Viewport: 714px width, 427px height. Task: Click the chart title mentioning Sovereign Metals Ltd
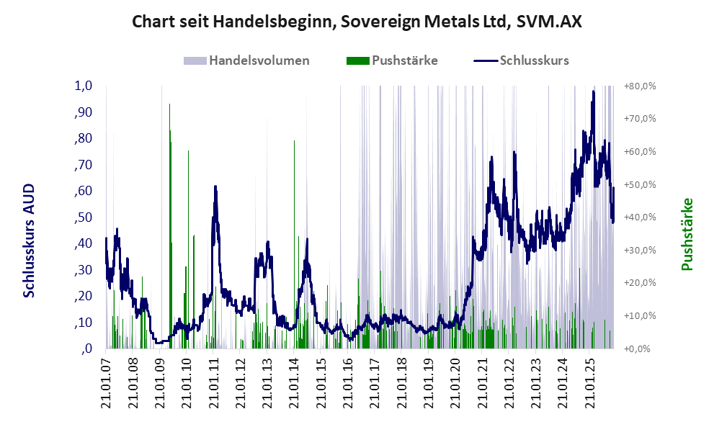point(357,22)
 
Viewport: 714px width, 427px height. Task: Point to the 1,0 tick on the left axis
point(84,86)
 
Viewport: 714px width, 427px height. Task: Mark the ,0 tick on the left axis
point(86,349)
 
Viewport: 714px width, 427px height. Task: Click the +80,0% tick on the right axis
point(640,86)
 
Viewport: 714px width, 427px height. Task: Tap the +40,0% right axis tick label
point(640,217)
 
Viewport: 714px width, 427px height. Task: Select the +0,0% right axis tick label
point(640,349)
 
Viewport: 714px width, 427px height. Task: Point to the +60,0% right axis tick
point(640,152)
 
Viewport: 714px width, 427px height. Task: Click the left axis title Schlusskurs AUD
point(30,241)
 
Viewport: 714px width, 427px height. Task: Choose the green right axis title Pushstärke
point(687,235)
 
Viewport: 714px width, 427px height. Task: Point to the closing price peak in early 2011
point(215,187)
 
